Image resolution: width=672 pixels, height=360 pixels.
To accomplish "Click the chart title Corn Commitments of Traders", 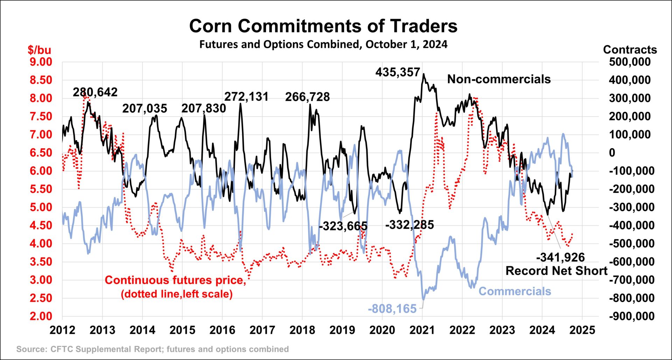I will [323, 26].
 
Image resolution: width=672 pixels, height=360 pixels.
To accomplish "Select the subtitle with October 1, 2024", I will [323, 44].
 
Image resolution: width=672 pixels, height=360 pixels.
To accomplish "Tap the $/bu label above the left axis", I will [39, 50].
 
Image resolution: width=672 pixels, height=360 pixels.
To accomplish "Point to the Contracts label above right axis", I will [630, 50].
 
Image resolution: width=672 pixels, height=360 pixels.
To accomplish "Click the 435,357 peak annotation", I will [398, 72].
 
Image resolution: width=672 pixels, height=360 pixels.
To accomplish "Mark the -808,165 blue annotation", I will [392, 309].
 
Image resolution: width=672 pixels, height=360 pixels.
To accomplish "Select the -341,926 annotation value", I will [560, 257].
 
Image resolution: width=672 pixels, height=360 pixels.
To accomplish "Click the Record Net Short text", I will [556, 271].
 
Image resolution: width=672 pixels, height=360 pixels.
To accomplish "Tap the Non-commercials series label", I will [499, 79].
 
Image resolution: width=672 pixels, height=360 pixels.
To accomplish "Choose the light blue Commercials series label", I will [514, 291].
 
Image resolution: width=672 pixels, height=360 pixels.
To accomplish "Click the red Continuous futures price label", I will [176, 280].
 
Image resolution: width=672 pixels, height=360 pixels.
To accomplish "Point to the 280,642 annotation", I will [95, 92].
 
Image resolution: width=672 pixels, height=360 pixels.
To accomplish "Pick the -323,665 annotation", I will [343, 226].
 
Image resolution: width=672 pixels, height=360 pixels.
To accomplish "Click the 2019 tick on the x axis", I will [342, 330].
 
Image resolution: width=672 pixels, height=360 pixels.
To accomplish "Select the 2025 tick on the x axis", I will [582, 330].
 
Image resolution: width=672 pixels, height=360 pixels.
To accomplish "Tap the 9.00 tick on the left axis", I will [41, 62].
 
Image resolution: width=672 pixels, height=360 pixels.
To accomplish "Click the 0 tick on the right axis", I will [612, 153].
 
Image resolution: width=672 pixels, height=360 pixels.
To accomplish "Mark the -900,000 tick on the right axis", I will [631, 316].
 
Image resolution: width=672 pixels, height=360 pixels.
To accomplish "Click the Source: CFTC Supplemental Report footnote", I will [153, 349].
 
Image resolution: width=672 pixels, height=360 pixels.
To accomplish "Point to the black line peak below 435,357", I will [424, 74].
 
